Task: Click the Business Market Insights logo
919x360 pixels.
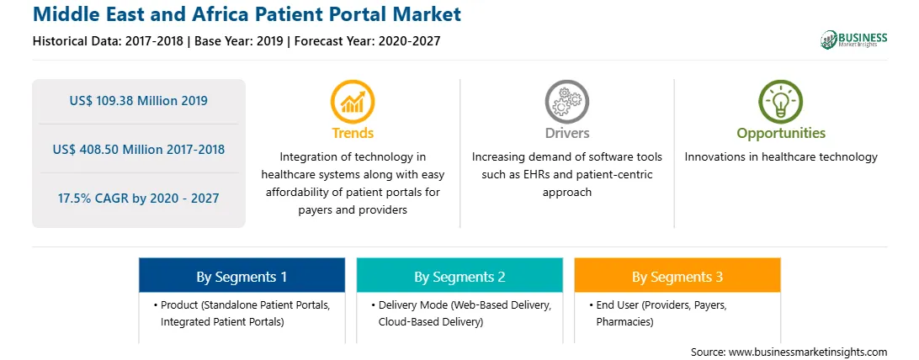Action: point(853,40)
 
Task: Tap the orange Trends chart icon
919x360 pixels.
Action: point(353,102)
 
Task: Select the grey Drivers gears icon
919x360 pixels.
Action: point(566,102)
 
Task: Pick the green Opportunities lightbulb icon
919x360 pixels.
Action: point(781,102)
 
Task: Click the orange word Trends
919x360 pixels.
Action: point(353,134)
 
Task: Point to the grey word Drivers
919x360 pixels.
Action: point(566,134)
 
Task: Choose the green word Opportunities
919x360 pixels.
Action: point(781,134)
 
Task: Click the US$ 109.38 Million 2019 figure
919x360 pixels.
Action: point(138,101)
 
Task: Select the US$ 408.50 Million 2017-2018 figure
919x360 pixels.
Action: point(138,149)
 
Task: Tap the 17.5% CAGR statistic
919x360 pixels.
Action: point(138,198)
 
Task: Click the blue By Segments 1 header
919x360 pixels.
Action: point(242,277)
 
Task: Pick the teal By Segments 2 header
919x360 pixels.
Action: point(459,277)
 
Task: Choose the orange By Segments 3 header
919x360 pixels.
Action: point(677,277)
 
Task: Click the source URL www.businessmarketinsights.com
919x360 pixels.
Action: point(808,352)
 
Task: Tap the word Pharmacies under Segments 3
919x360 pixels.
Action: point(624,321)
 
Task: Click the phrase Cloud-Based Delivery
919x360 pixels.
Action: point(431,321)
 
